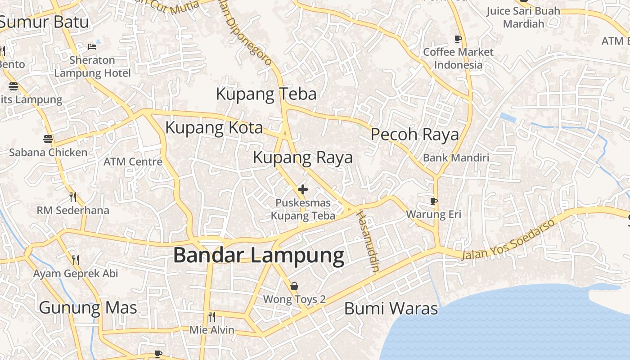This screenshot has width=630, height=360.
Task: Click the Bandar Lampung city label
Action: pos(259,256)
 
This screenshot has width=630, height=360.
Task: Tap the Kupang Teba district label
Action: pos(266,94)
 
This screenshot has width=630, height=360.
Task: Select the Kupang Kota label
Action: pos(214,128)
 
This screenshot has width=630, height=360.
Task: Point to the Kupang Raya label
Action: pos(302,157)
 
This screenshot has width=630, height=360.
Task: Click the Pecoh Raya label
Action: pos(414,135)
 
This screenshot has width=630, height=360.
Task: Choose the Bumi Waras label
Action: pos(391,309)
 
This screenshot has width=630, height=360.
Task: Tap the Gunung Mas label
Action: pos(88,308)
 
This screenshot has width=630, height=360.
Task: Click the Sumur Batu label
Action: pos(44,22)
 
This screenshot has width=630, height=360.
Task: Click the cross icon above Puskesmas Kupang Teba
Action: pos(303,189)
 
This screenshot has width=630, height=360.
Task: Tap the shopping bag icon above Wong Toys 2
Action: pos(294,286)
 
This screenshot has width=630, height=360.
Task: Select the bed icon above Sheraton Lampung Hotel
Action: pos(92,47)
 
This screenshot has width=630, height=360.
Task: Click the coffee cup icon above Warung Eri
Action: pos(434,201)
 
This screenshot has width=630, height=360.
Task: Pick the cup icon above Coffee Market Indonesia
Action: pos(458,39)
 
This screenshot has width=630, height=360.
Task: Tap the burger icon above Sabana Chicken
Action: pos(48,139)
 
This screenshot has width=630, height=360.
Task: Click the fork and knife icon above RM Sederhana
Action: pos(73,197)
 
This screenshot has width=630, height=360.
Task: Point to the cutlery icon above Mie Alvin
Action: pos(212,317)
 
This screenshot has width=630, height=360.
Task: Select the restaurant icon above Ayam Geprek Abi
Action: pos(76,260)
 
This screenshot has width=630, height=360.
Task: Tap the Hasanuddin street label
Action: pos(367,241)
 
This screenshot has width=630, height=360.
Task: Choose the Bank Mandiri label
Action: pos(456,158)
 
